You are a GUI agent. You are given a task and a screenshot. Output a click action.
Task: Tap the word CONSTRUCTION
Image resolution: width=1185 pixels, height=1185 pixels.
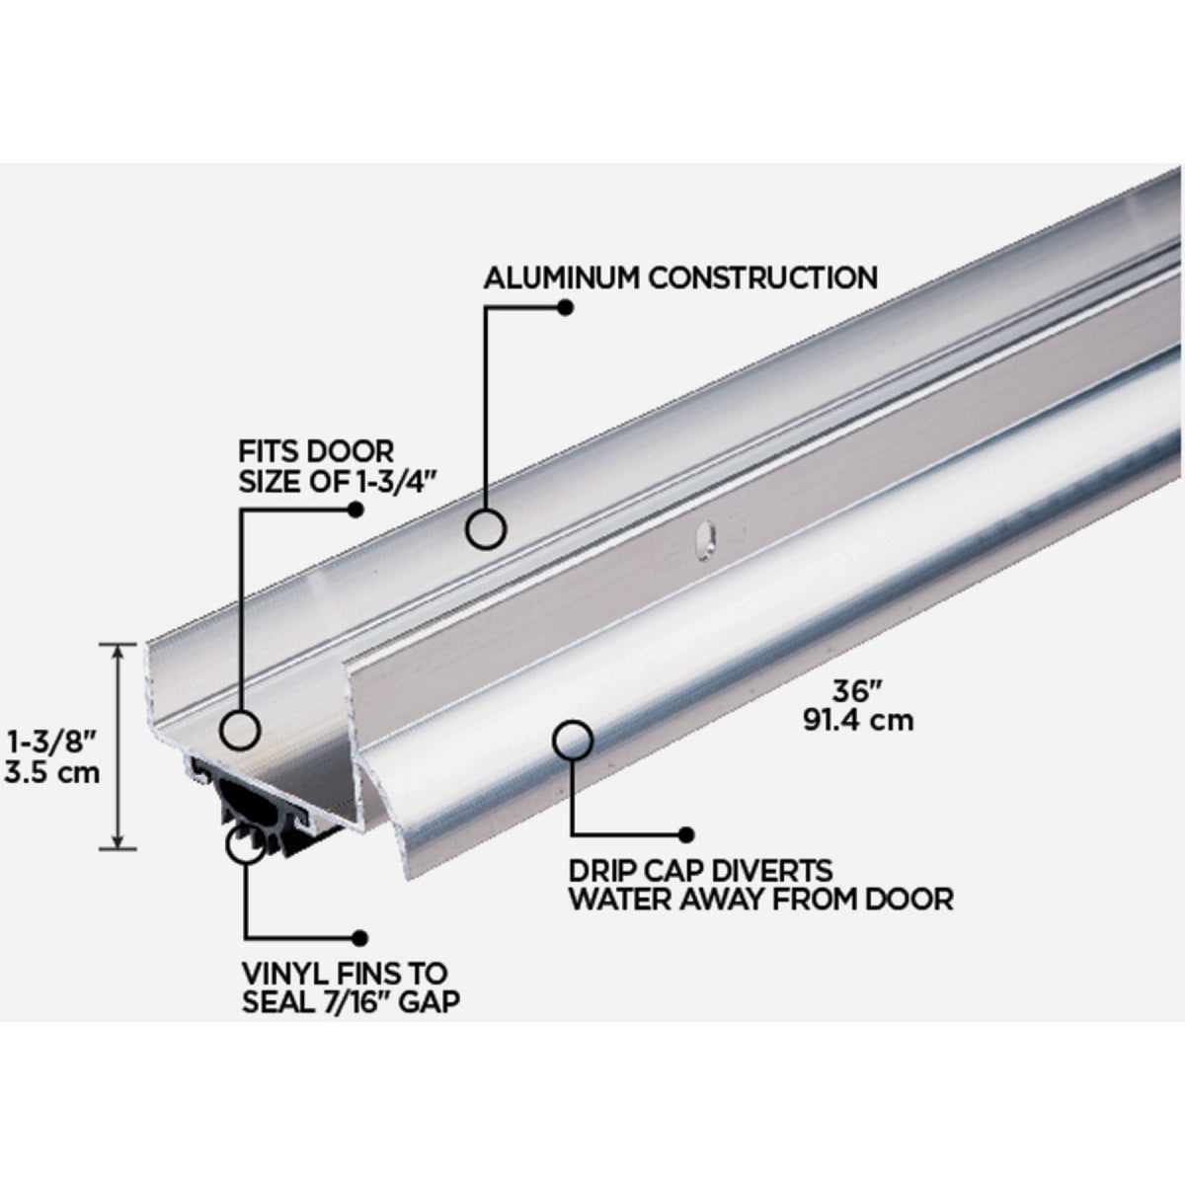761,277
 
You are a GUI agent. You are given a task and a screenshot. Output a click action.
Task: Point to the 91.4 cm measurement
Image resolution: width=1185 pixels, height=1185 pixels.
856,722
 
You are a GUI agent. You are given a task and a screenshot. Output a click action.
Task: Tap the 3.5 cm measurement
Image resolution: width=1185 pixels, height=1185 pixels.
52,771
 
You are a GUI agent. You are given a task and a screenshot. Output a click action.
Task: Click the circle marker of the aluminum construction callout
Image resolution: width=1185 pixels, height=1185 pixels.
486,528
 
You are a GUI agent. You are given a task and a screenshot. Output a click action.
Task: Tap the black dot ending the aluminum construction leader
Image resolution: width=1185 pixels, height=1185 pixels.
565,307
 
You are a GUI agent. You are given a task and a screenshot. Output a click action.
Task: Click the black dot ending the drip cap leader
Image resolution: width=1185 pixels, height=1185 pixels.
685,833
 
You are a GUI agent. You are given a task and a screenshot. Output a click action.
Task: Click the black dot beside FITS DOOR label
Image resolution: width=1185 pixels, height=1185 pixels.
355,510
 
